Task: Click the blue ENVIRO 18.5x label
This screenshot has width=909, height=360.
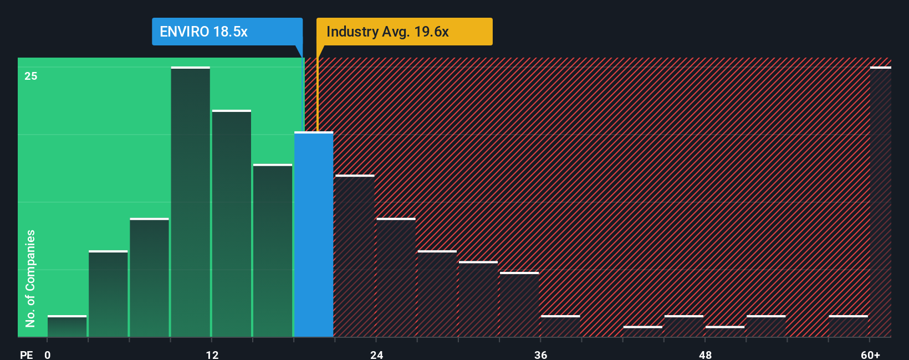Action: point(227,32)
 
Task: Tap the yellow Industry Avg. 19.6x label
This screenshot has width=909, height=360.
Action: point(404,32)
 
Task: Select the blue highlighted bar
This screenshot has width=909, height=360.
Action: point(314,234)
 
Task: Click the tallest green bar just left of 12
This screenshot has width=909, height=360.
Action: point(191,202)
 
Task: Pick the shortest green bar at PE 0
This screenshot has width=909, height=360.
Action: point(67,326)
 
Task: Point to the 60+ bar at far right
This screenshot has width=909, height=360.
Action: point(880,202)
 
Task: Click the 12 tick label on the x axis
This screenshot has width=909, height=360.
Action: point(212,354)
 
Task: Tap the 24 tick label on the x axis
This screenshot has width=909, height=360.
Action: point(377,354)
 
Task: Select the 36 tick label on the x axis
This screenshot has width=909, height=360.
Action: point(541,354)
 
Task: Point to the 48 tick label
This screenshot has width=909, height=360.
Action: point(705,354)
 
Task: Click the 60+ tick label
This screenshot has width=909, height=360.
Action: point(870,354)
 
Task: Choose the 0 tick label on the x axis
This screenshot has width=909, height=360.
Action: point(48,354)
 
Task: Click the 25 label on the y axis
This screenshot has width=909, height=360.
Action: point(31,76)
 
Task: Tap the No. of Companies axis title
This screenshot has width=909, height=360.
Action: point(30,278)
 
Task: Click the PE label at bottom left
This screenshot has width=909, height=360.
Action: point(26,354)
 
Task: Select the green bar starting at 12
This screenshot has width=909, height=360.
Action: point(232,224)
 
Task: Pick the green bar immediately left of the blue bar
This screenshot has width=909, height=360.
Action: point(273,251)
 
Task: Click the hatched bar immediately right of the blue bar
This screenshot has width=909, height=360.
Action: point(355,256)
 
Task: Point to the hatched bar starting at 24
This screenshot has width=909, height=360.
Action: point(396,277)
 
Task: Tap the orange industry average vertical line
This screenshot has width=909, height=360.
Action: point(318,94)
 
